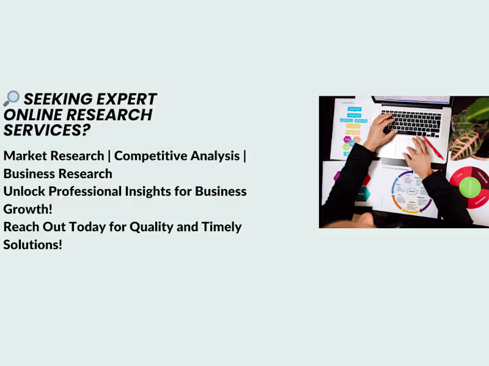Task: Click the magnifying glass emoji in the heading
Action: [x=11, y=98]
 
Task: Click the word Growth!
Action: [x=25, y=209]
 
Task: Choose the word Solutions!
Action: [x=33, y=245]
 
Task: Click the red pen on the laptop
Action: [x=432, y=147]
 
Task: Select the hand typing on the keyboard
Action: [x=379, y=131]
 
